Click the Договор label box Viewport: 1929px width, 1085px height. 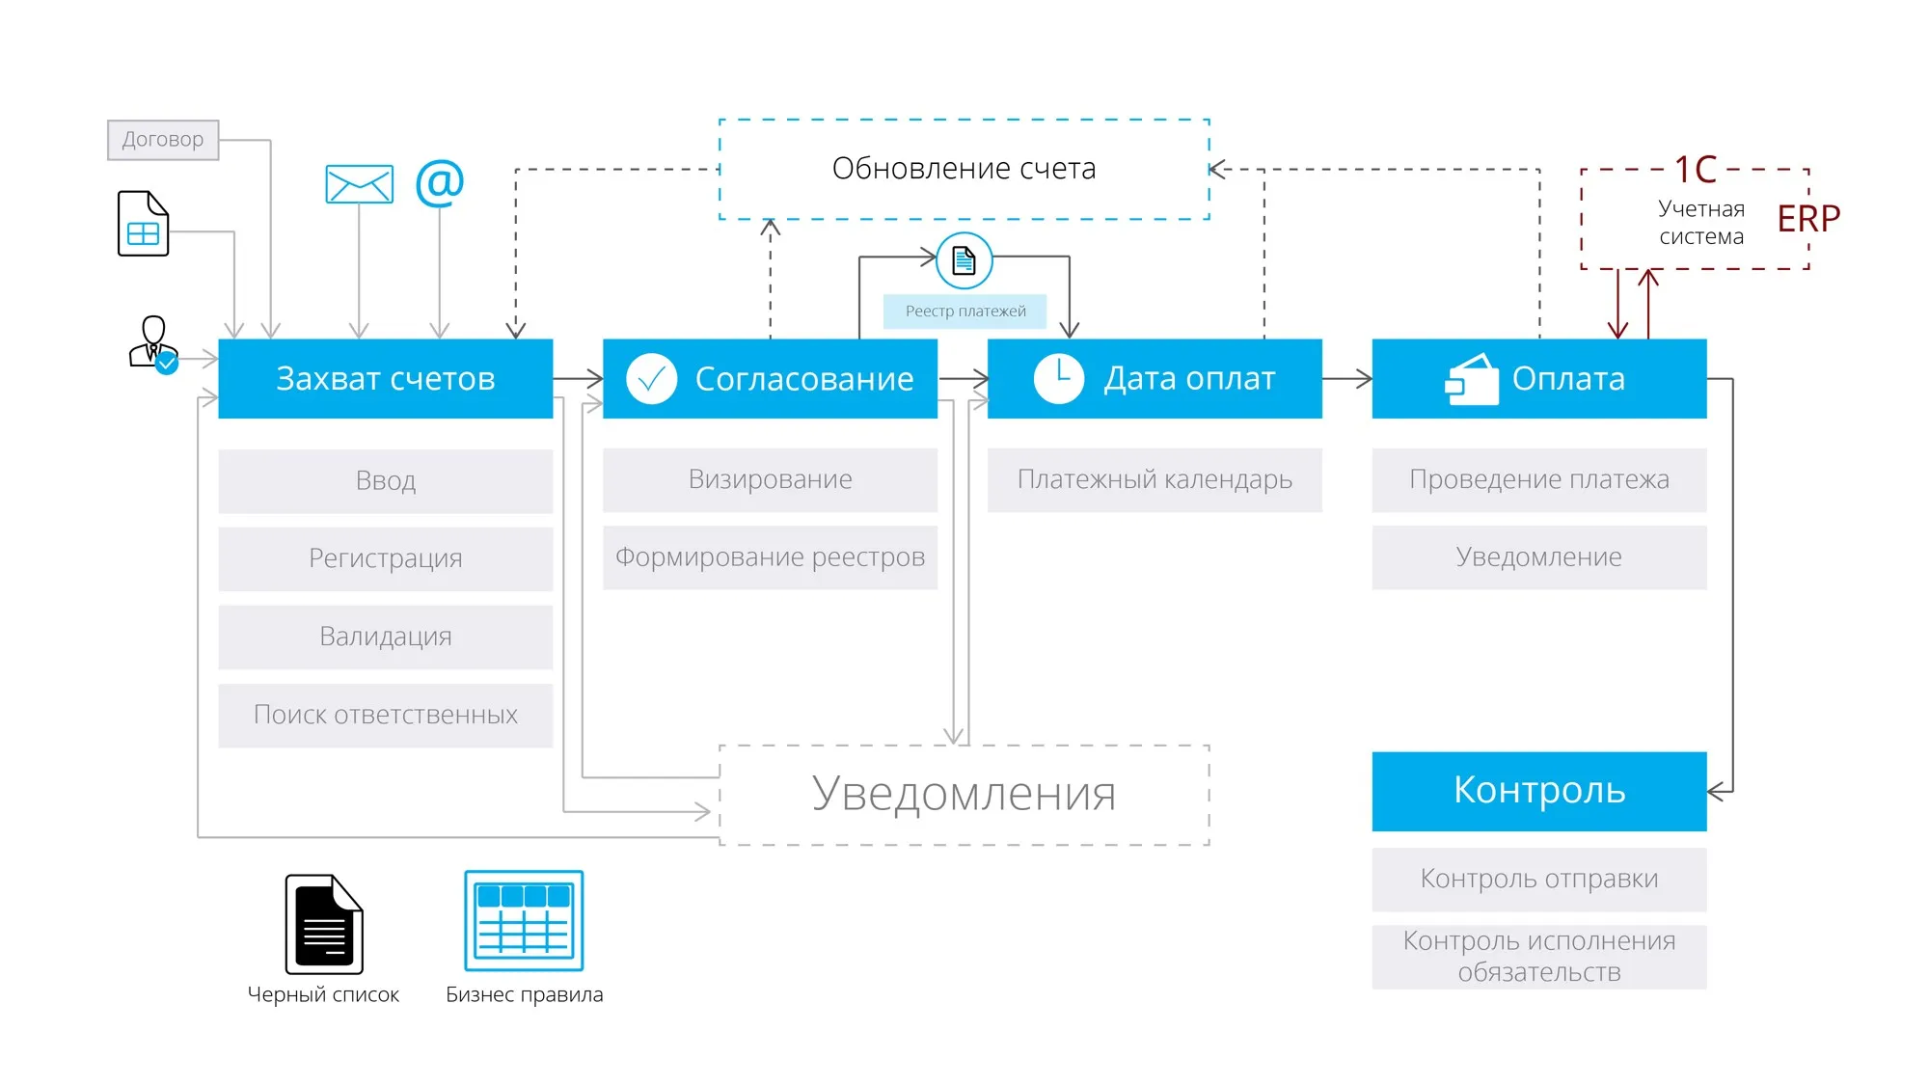click(162, 140)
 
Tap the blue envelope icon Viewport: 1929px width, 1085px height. click(359, 184)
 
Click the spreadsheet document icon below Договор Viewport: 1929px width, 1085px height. click(143, 223)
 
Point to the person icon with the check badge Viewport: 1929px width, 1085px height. click(153, 344)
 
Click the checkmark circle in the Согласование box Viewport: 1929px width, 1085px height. click(651, 379)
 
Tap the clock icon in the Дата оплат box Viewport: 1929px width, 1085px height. click(1058, 378)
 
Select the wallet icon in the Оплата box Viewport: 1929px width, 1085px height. click(1472, 380)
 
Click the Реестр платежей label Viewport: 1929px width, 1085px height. click(964, 312)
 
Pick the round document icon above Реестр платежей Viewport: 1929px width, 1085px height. click(964, 260)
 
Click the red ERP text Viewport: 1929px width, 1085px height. click(1808, 219)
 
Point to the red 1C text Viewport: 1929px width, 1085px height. click(1695, 171)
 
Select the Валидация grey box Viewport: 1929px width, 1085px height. click(385, 637)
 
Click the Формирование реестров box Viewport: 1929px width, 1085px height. click(770, 557)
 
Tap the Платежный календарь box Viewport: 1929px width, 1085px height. click(1154, 479)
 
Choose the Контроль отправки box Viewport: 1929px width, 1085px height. click(1538, 879)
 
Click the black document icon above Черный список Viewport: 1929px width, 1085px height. click(324, 924)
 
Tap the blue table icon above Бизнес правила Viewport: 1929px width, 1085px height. click(524, 920)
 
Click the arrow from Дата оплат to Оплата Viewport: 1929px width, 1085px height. click(1346, 379)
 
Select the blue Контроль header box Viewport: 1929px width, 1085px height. click(1538, 791)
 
